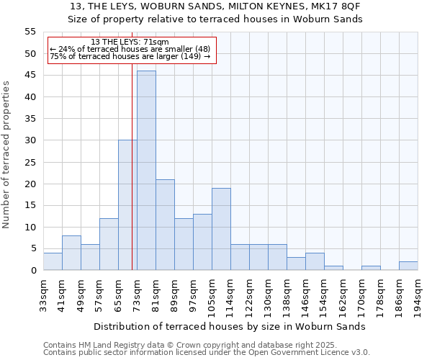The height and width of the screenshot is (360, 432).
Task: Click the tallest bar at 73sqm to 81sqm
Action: [146, 171]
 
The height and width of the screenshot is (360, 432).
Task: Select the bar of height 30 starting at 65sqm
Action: [127, 205]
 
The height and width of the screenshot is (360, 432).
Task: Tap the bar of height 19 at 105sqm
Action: [221, 229]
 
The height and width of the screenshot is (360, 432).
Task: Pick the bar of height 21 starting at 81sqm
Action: [165, 225]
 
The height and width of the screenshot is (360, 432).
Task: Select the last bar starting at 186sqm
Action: [408, 266]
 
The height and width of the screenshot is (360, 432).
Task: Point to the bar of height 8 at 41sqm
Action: [71, 253]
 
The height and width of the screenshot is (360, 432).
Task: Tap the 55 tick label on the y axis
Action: [30, 32]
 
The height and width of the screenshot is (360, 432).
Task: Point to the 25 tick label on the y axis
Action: [30, 162]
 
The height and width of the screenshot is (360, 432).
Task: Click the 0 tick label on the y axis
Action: [33, 271]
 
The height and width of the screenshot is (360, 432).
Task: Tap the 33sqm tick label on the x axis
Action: [44, 294]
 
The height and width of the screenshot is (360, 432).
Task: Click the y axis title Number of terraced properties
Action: [6, 155]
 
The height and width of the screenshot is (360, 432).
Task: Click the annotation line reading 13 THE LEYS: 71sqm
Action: [130, 42]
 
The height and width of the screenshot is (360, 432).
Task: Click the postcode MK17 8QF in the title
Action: [338, 6]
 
